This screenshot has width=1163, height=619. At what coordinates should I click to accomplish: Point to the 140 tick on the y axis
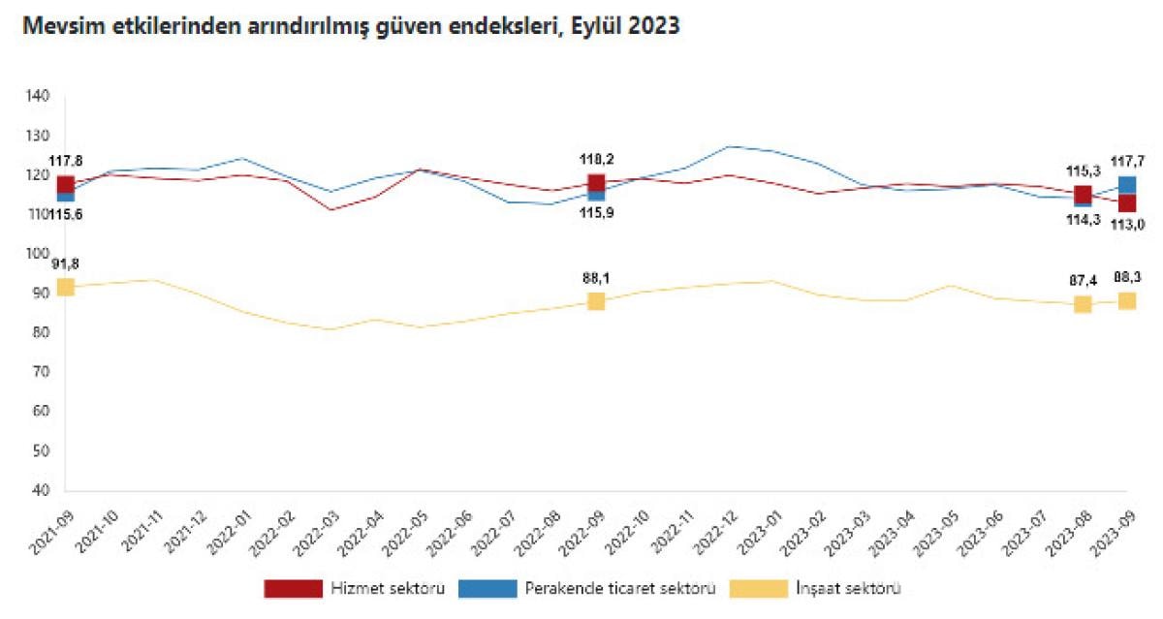click(38, 96)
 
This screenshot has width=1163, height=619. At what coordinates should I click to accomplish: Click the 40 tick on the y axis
click(41, 491)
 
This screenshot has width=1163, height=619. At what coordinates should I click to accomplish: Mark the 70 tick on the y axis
click(41, 372)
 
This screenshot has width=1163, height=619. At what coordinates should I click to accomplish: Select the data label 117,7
click(1127, 161)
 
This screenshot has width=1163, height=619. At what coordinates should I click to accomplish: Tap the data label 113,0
click(1127, 225)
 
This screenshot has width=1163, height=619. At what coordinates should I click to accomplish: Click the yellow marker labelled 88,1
click(596, 301)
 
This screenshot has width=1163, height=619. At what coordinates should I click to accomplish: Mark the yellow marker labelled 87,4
click(1083, 304)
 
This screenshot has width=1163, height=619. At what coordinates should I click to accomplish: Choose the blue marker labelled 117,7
click(1127, 184)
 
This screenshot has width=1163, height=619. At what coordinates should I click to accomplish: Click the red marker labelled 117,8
click(66, 184)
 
